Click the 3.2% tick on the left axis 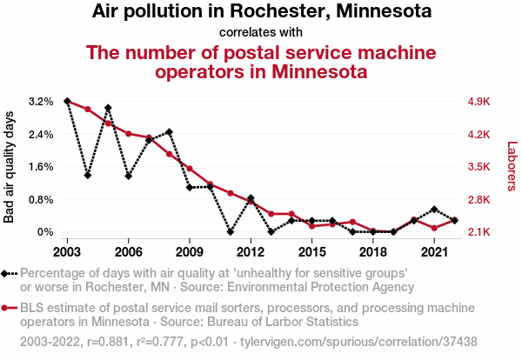(40, 102)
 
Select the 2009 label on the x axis (190, 252)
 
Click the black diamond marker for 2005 (108, 108)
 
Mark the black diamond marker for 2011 (231, 232)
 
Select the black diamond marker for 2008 (169, 132)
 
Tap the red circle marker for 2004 (88, 110)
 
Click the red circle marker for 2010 (210, 184)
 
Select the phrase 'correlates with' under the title (260, 32)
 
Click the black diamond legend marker (7, 273)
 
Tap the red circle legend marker (7, 308)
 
